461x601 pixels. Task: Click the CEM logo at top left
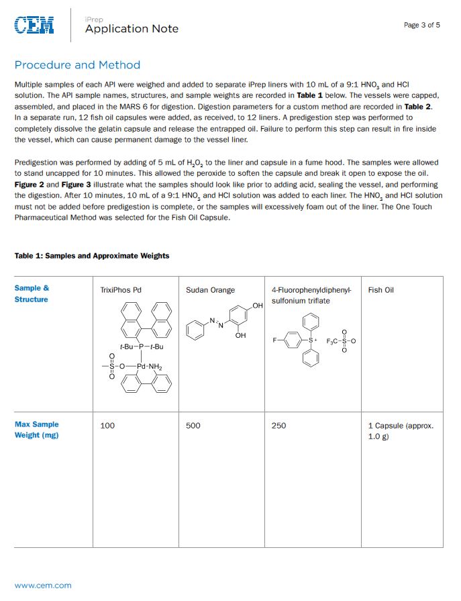[x=35, y=26]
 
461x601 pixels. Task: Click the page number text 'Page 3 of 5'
[x=421, y=25]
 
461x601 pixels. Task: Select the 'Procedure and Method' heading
[x=77, y=65]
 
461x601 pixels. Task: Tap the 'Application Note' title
[x=132, y=28]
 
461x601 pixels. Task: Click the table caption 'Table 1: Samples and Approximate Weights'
[x=92, y=256]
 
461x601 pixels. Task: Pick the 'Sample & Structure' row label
[x=32, y=293]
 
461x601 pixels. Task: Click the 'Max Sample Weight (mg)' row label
[x=36, y=429]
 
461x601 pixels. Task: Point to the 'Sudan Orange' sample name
[x=210, y=290]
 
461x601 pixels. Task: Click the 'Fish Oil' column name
[x=380, y=290]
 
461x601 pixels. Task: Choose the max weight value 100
[x=107, y=425]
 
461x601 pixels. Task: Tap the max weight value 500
[x=193, y=425]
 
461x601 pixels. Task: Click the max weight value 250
[x=278, y=425]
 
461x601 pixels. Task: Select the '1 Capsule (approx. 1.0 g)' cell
[x=401, y=430]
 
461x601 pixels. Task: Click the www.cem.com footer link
[x=43, y=586]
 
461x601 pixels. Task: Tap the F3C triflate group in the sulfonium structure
[x=333, y=341]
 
